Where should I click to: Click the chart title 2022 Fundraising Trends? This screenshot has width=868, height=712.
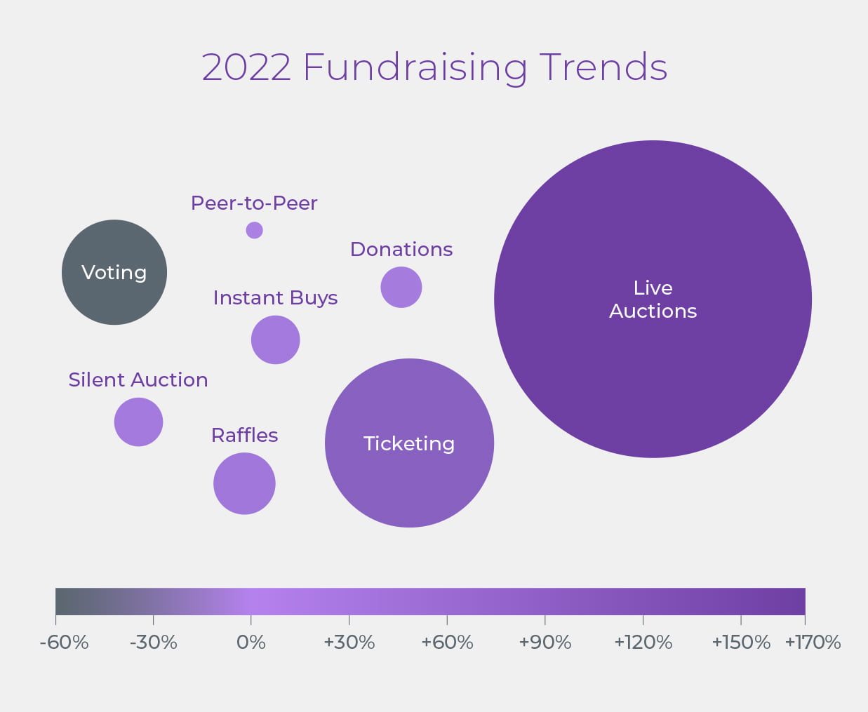point(434,67)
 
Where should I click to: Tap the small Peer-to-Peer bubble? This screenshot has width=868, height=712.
point(254,230)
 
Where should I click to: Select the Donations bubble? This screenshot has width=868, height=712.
point(401,288)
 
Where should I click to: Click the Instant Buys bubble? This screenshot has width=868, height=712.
point(275,340)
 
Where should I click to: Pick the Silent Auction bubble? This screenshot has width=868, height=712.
point(139,422)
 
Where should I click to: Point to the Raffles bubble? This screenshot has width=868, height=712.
point(244,483)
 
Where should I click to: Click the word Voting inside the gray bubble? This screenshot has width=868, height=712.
point(114,272)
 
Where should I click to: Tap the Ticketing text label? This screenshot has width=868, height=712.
point(409,443)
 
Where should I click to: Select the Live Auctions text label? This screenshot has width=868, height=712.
point(653,300)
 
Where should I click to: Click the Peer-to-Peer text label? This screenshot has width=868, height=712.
point(254,203)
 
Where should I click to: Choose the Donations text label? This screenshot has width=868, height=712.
point(401,250)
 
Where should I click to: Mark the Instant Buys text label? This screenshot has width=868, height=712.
point(275,298)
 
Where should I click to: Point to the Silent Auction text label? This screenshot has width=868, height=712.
point(138,379)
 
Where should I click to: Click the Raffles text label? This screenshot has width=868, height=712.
point(244,435)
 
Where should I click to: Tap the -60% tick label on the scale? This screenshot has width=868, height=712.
point(64,643)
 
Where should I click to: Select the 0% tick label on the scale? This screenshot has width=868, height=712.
point(251,643)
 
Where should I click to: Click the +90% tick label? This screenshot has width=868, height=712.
point(545,643)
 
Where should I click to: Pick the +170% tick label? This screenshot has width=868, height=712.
point(813,643)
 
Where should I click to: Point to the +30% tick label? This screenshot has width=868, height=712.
point(349,643)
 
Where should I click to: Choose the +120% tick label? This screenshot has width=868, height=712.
point(643,643)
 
